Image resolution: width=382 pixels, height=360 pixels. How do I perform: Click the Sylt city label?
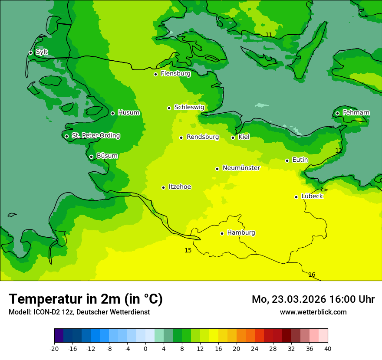pos(42,52)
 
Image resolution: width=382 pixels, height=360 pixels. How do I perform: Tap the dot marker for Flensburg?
pos(155,74)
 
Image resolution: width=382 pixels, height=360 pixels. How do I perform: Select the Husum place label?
pos(128,113)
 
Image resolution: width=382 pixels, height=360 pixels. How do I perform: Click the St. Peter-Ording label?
pos(95,136)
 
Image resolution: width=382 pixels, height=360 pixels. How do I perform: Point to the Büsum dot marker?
pos(91,157)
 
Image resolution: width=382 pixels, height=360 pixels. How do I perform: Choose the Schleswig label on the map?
pos(189,107)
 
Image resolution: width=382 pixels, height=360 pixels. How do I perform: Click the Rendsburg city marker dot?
pos(181,137)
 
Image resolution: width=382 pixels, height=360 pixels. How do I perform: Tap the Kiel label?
pos(244,137)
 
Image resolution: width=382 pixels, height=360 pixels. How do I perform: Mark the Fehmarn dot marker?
pos(337,113)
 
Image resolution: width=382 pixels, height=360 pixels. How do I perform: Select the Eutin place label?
pos(300,160)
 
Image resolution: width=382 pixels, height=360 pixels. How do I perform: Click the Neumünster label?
pos(241,168)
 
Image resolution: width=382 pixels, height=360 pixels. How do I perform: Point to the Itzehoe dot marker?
pos(163,187)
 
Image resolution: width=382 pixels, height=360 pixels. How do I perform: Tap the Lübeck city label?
pos(312,196)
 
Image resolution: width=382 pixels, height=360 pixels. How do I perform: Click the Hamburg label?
pos(241,232)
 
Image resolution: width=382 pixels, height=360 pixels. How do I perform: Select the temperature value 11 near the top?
pos(269,35)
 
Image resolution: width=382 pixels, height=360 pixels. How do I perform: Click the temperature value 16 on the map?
pos(312,275)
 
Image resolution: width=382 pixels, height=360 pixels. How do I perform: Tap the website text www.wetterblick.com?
pos(313,312)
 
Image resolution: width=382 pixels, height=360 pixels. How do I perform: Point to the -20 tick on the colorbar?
pos(54,349)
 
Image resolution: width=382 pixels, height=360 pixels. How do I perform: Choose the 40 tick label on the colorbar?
pos(328,349)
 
